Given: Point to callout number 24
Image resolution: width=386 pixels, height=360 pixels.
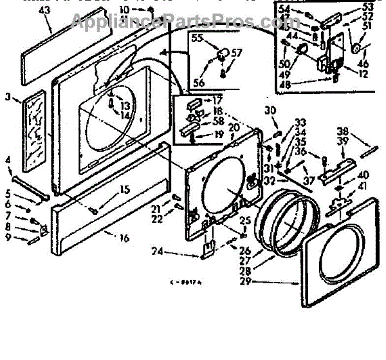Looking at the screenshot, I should pos(157,251).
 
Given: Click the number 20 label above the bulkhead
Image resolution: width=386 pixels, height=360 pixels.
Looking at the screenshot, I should pos(234,127).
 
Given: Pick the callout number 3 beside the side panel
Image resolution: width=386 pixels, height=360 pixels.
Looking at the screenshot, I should pos(8,97).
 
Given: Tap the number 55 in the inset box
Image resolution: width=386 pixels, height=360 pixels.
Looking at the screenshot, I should pos(197,39).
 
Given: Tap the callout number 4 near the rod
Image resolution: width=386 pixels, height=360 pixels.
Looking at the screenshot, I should pos(8,160).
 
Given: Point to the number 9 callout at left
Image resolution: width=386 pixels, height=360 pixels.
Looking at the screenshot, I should pos(8,237).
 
